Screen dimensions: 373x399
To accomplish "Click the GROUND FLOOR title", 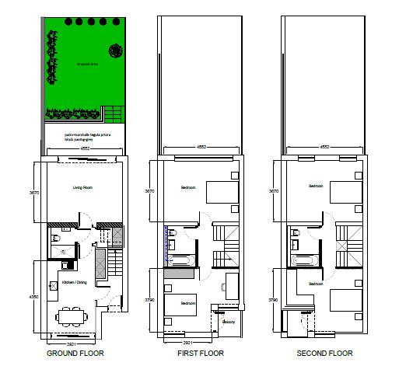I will pyautogui.click(x=75, y=353).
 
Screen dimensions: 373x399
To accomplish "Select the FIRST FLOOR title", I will pyautogui.click(x=200, y=353).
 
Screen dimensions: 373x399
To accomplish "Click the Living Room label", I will pyautogui.click(x=83, y=187).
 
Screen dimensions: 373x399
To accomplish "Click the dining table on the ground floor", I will pyautogui.click(x=72, y=316).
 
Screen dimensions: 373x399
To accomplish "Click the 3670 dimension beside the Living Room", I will pyautogui.click(x=33, y=192).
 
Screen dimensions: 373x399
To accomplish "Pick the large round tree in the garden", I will pyautogui.click(x=115, y=51).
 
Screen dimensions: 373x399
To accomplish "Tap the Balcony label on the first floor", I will pyautogui.click(x=229, y=321).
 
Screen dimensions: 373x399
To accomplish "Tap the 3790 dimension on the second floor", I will pyautogui.click(x=272, y=298).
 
